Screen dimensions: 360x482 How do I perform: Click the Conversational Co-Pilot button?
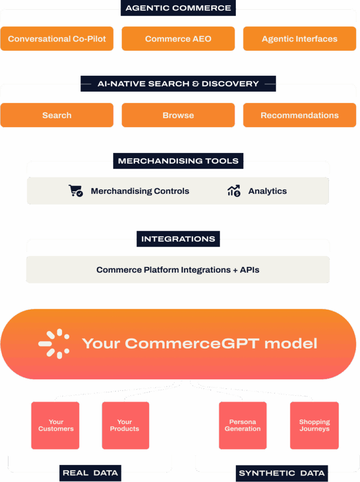(57, 39)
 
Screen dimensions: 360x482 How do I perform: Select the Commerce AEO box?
(178, 39)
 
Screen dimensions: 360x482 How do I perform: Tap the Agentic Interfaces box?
(300, 39)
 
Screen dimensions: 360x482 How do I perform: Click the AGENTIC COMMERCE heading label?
(178, 8)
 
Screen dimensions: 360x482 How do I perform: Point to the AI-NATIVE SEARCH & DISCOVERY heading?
(178, 84)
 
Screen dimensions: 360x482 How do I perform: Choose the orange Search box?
(57, 115)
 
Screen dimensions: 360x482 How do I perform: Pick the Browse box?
(178, 115)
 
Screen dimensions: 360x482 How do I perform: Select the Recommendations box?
(300, 115)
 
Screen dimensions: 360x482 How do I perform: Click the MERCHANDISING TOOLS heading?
(178, 161)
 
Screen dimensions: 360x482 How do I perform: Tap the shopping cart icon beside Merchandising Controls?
(76, 191)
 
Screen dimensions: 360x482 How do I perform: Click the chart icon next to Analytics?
(234, 191)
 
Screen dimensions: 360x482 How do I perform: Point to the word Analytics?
(267, 191)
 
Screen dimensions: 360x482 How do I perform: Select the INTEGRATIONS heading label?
(178, 239)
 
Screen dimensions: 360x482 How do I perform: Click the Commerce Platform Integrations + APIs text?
(178, 270)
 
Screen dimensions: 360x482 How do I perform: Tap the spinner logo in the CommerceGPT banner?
(54, 344)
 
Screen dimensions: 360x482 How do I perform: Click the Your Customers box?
(56, 426)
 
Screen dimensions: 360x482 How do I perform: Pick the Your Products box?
(126, 426)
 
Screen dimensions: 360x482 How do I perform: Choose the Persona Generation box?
(243, 426)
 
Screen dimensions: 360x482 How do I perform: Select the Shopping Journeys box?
(314, 426)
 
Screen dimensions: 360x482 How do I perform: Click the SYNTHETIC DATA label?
(282, 474)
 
